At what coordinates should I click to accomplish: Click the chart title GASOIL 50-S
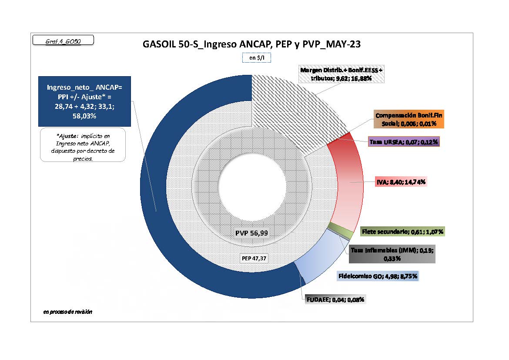(251, 44)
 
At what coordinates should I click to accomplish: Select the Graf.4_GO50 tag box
(63, 41)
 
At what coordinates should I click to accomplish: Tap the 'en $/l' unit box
(257, 57)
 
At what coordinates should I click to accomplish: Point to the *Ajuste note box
(83, 145)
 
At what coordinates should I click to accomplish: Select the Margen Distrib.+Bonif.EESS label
(342, 74)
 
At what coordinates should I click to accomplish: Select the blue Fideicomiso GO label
(378, 276)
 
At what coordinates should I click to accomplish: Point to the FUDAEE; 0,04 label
(334, 299)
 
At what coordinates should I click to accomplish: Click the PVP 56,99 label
(251, 233)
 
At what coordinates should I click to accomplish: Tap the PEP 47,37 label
(254, 258)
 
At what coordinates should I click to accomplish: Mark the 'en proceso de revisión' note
(67, 312)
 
